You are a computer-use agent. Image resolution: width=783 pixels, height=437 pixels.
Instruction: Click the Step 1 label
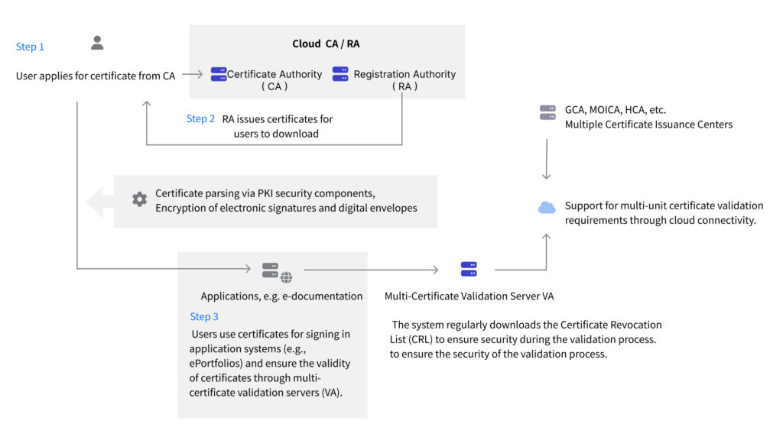30,47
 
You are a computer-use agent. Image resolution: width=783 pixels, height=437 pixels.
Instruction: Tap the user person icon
97,43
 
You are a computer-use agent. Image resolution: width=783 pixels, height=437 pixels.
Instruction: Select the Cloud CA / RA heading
326,44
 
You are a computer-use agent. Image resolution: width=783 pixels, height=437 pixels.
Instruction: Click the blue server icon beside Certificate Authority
219,74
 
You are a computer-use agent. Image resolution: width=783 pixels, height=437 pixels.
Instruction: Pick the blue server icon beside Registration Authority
340,74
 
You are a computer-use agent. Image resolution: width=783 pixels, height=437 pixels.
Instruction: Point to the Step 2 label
200,118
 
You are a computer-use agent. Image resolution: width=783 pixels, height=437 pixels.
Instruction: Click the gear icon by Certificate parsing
139,199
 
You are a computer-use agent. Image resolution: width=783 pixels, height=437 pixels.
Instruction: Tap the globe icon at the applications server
286,277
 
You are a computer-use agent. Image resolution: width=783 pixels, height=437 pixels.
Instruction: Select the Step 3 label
203,317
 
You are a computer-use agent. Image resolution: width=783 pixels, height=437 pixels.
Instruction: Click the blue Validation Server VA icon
469,269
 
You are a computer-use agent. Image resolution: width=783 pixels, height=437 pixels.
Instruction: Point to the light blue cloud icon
547,208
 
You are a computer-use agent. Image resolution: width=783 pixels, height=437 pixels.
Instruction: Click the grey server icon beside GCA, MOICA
547,113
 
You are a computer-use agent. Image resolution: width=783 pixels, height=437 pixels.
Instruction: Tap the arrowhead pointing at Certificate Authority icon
200,74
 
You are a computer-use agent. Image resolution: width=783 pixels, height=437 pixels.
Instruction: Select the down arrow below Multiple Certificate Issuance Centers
546,159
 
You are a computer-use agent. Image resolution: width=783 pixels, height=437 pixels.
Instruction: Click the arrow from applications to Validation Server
371,270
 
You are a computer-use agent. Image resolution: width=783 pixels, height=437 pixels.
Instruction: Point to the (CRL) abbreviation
420,340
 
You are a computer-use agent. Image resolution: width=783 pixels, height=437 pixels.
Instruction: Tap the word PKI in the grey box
265,193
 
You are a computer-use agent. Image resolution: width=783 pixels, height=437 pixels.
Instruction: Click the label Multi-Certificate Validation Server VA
469,296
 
